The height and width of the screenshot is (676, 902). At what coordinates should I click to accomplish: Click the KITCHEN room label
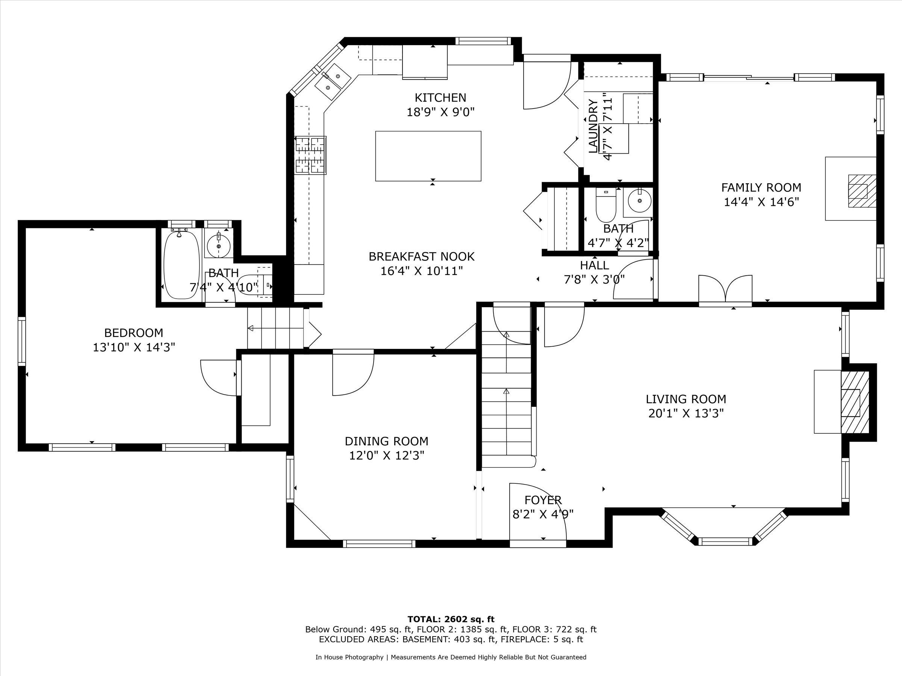tap(440, 98)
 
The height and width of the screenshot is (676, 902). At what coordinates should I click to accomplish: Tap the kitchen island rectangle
tap(428, 156)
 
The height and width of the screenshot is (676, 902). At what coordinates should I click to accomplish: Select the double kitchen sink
tap(333, 81)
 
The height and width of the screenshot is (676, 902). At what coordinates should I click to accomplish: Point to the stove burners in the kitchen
tap(310, 155)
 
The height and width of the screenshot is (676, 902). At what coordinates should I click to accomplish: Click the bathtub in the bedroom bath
tap(182, 264)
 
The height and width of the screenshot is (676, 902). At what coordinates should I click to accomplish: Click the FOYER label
tap(543, 500)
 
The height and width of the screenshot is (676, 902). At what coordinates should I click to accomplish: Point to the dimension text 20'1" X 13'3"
tap(686, 413)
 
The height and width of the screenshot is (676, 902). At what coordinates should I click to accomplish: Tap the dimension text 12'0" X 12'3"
tap(387, 456)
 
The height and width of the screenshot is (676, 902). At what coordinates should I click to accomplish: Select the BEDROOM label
tap(134, 333)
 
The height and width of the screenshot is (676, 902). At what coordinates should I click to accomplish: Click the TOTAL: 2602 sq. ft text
tap(451, 619)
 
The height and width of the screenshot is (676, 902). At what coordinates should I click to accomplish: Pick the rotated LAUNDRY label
tap(593, 126)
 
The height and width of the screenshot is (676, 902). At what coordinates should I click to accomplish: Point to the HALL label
tap(595, 265)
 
